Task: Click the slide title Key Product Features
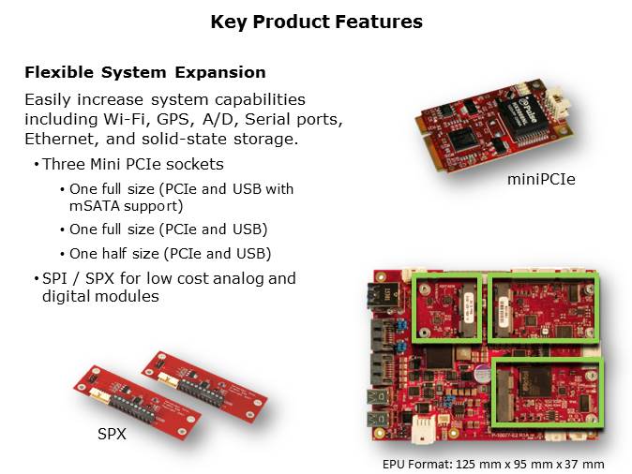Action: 316,22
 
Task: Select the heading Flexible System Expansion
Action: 145,72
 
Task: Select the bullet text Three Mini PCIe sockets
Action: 133,164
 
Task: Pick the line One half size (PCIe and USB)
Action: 170,254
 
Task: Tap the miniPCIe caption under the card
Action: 541,179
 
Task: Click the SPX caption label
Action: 112,434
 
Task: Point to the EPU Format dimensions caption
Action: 493,465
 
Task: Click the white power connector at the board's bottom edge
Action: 424,428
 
